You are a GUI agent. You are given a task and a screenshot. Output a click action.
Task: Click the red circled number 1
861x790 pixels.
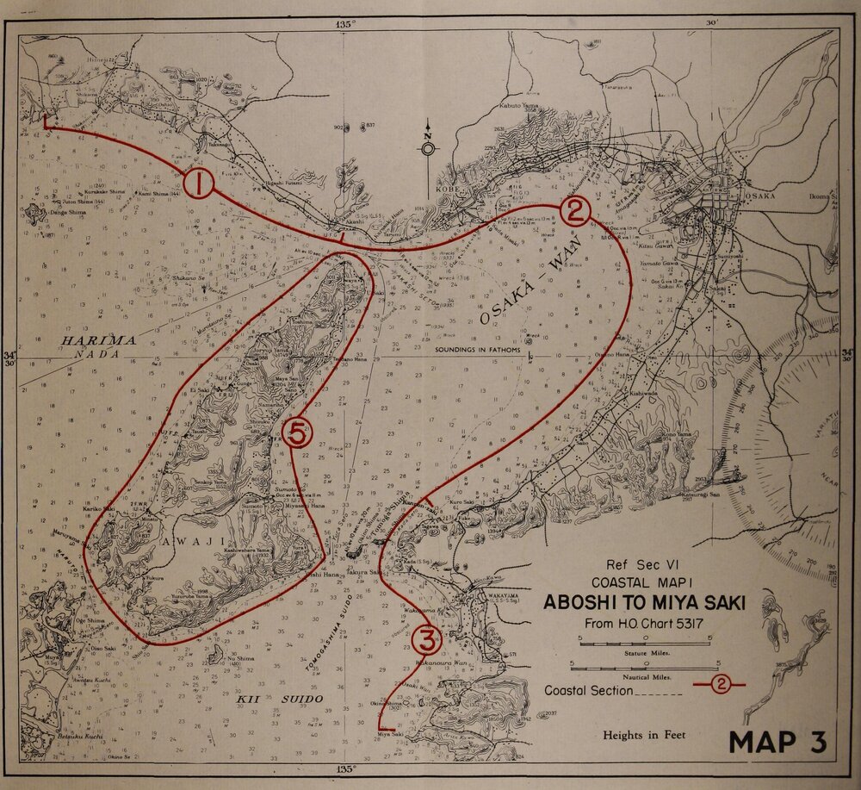point(198,184)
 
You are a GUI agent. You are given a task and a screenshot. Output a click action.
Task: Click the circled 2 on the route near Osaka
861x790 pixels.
point(575,210)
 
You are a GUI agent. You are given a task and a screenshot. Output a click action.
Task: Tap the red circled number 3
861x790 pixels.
point(428,638)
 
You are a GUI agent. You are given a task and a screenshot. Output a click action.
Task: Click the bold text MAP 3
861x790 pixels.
point(782,740)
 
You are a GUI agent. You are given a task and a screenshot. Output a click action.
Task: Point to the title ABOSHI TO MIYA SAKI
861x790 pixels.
point(644,601)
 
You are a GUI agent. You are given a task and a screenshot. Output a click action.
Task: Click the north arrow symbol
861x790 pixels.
point(428,148)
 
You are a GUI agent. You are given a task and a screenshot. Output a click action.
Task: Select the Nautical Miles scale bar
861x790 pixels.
point(644,666)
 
